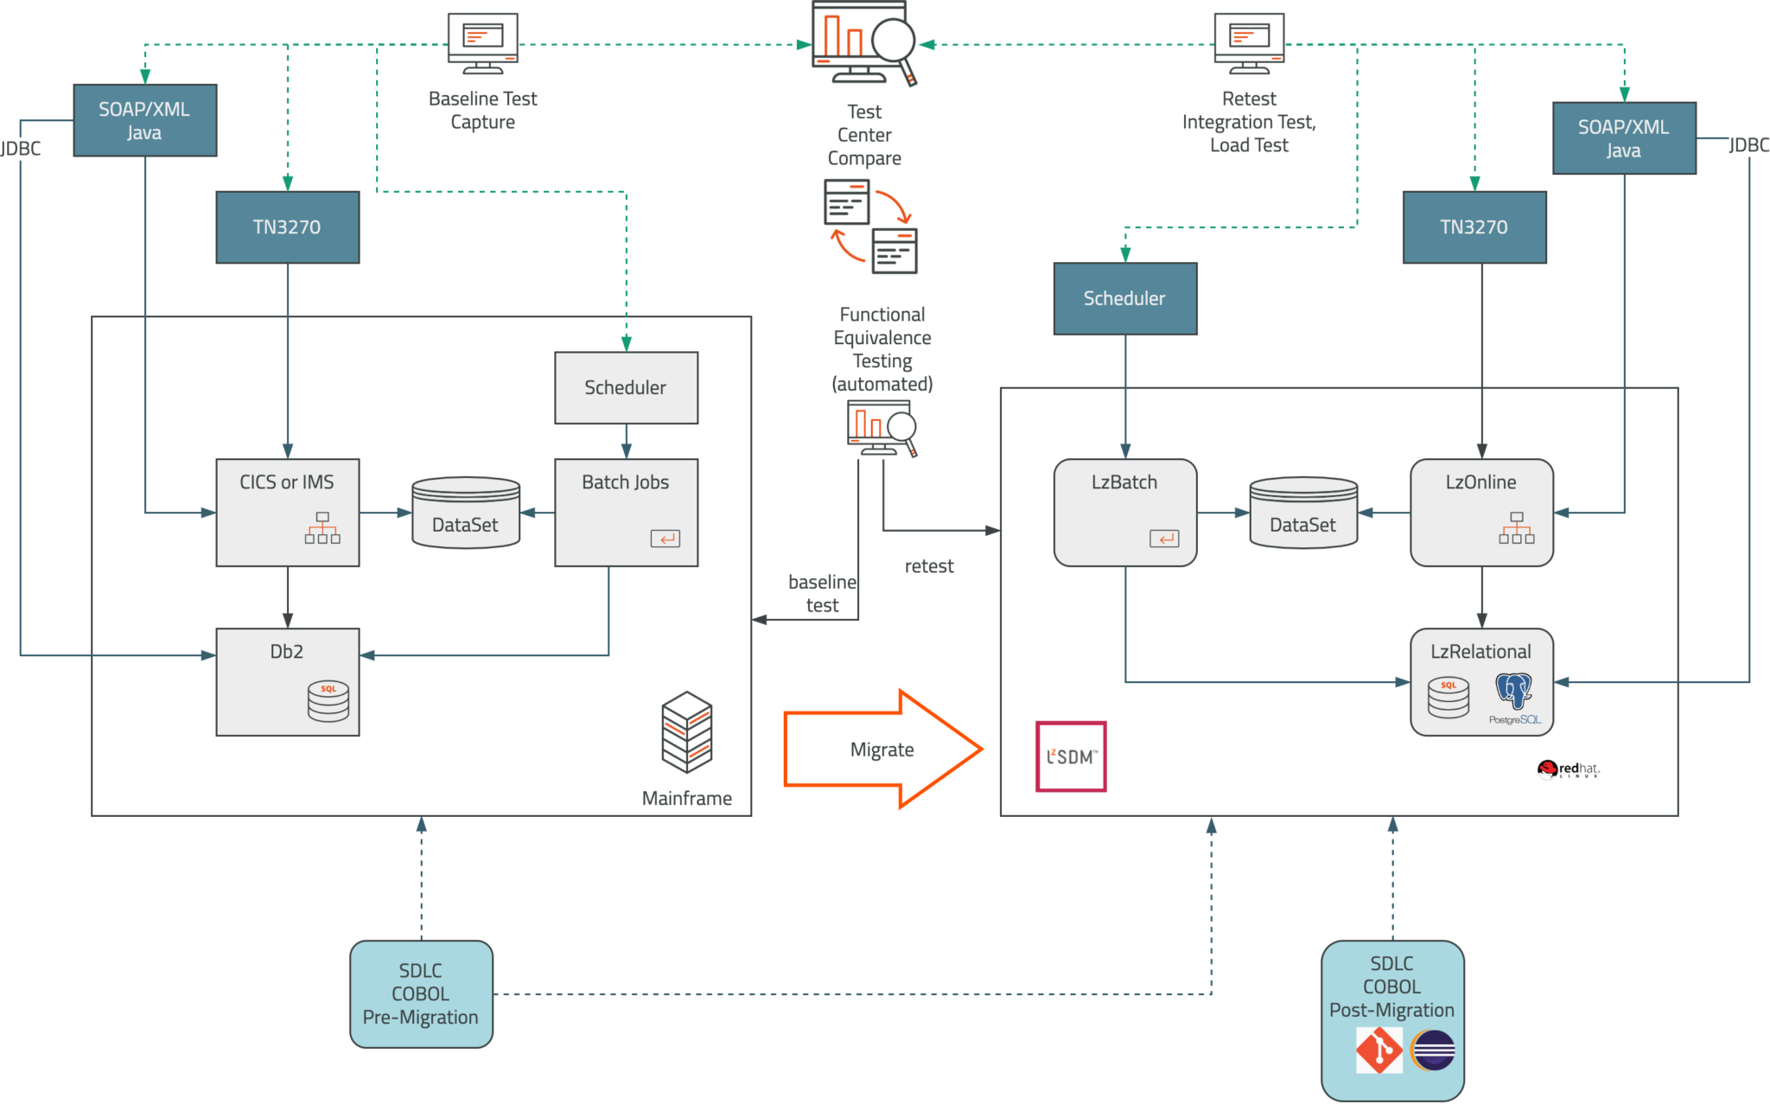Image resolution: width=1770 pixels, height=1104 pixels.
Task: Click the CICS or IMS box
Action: pyautogui.click(x=287, y=512)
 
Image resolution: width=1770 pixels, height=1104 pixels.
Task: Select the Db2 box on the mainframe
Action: pyautogui.click(x=287, y=681)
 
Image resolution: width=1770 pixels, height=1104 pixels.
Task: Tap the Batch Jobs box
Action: pyautogui.click(x=626, y=512)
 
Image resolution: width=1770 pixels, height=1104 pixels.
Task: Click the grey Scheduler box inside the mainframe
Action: pyautogui.click(x=626, y=387)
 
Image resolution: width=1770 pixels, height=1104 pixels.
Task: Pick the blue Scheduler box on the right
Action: pyautogui.click(x=1124, y=298)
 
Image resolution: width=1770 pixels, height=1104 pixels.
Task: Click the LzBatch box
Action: pyautogui.click(x=1124, y=512)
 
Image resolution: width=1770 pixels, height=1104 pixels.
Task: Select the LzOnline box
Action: pyautogui.click(x=1481, y=512)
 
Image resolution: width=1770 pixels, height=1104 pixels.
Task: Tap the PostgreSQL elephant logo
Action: pyautogui.click(x=1514, y=692)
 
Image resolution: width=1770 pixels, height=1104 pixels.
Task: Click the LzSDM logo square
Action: pyautogui.click(x=1071, y=756)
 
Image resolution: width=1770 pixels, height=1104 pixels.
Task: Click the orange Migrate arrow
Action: pyautogui.click(x=882, y=749)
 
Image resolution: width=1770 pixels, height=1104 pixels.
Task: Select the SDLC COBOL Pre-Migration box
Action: pyautogui.click(x=421, y=994)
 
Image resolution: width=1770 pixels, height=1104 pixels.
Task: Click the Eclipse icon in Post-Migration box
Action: pyautogui.click(x=1433, y=1050)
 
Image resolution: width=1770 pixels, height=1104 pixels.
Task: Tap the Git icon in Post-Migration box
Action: pyautogui.click(x=1378, y=1050)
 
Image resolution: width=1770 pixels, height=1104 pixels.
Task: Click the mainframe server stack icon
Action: pyautogui.click(x=687, y=731)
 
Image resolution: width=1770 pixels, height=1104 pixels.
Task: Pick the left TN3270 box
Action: pyautogui.click(x=287, y=227)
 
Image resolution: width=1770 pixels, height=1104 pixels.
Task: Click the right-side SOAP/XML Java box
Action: pyautogui.click(x=1623, y=138)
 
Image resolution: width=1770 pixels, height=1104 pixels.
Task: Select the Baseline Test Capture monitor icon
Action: pyautogui.click(x=482, y=41)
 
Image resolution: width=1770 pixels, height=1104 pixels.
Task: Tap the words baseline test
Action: pyautogui.click(x=822, y=593)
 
